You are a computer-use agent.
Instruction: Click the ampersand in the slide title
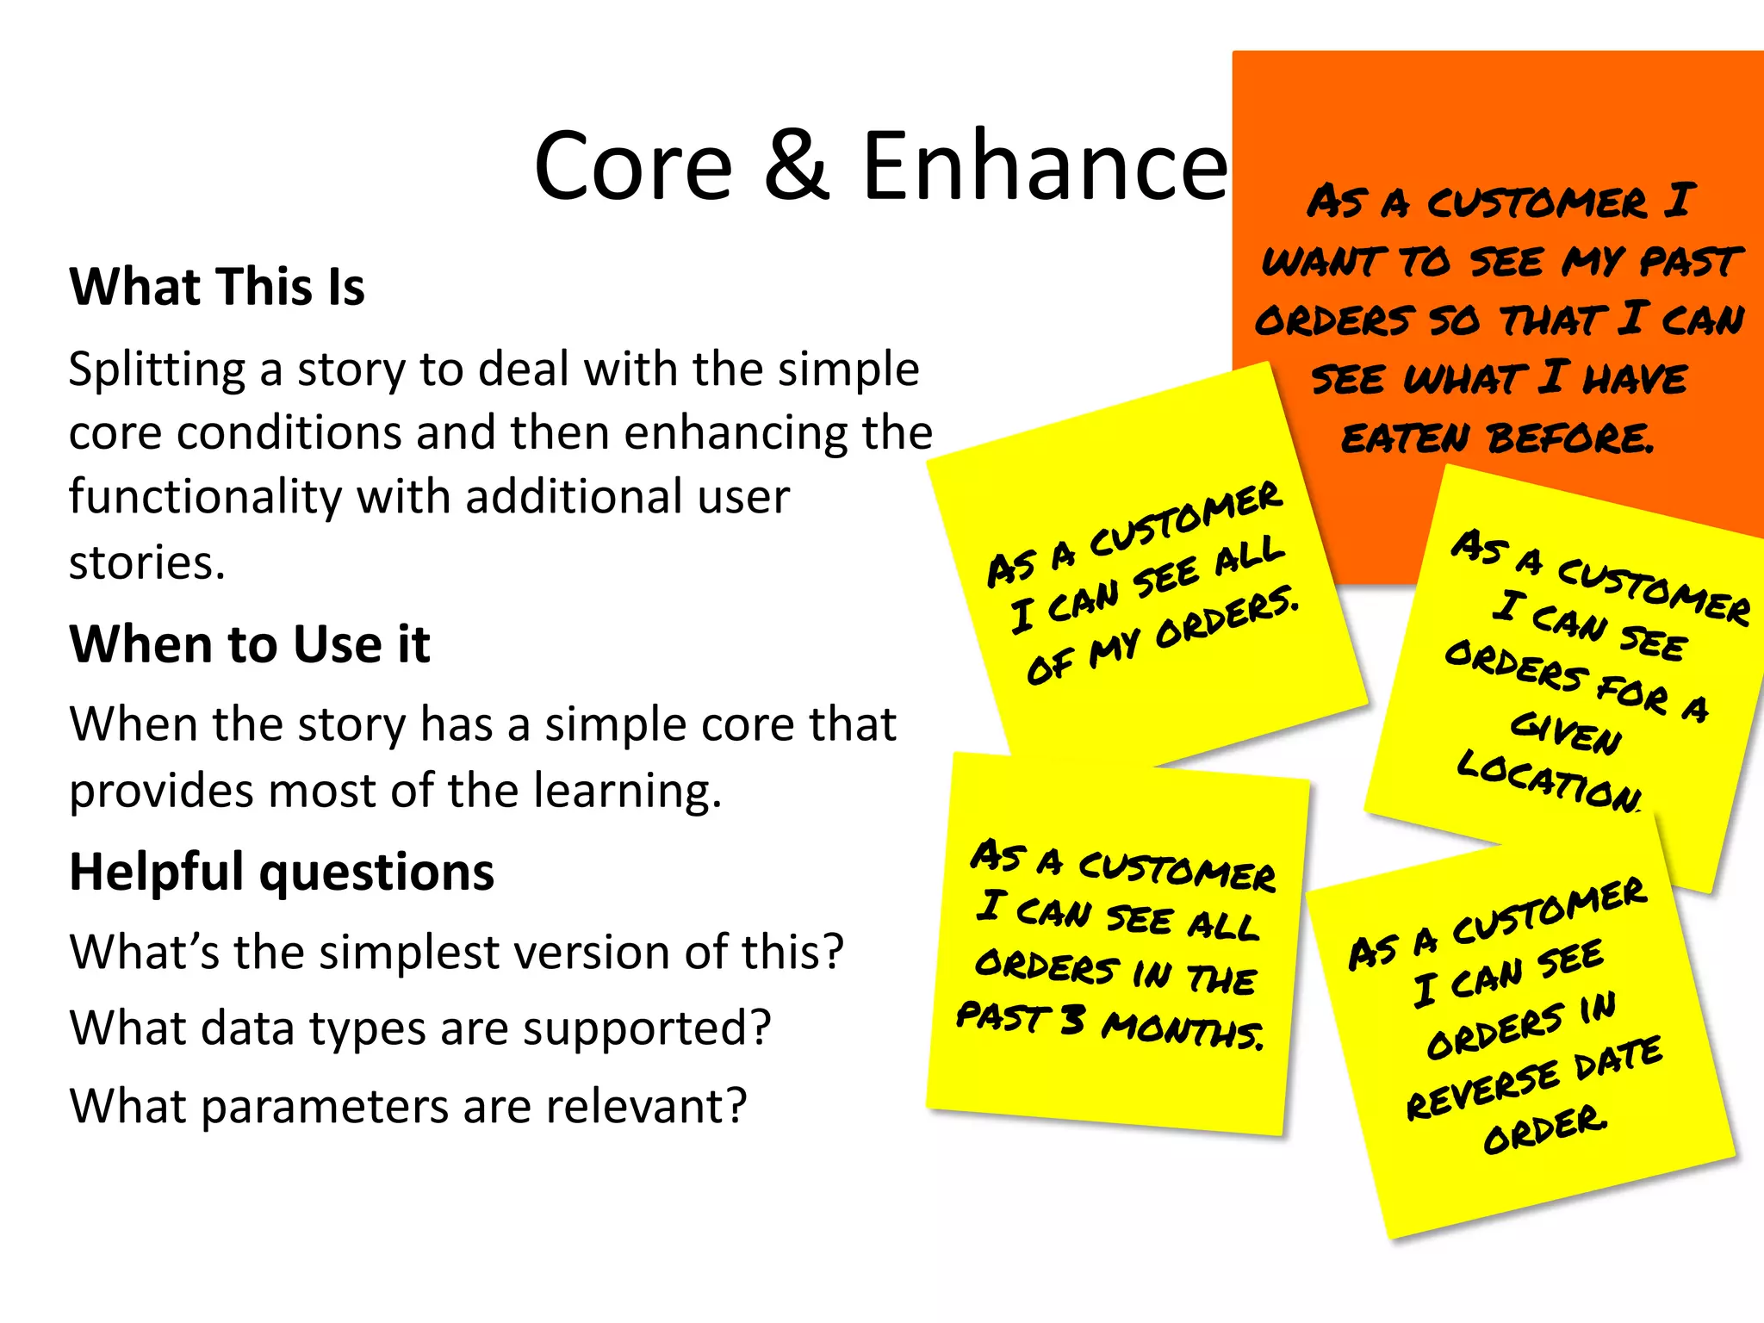[798, 165]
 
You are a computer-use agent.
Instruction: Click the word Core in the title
[633, 165]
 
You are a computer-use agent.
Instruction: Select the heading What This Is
[217, 287]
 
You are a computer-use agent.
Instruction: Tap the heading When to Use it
[250, 644]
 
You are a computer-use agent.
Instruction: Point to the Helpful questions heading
[282, 872]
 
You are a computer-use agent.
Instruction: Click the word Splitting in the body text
[157, 370]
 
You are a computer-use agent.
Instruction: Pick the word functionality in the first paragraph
[204, 497]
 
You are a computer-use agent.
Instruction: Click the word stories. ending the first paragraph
[146, 563]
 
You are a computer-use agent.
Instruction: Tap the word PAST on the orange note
[1689, 261]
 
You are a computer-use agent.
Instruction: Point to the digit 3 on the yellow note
[1071, 1021]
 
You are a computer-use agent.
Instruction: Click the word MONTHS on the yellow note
[1183, 1030]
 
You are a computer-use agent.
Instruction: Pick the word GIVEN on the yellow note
[1566, 733]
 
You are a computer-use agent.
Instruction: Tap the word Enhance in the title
[1044, 165]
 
